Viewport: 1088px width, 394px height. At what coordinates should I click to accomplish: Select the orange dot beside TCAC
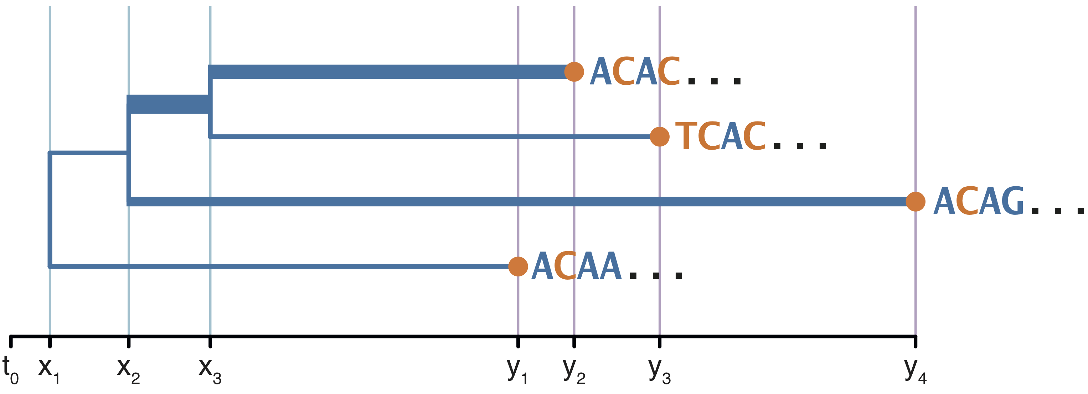point(659,136)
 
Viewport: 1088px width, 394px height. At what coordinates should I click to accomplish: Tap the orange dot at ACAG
point(915,201)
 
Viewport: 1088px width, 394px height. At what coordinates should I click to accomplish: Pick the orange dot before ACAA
point(518,266)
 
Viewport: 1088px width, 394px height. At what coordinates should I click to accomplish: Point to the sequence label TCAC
point(720,136)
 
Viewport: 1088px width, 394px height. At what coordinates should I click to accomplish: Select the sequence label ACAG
point(978,201)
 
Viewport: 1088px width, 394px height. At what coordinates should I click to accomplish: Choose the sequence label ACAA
point(576,266)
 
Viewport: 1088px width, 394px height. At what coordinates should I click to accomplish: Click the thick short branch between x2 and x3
point(169,104)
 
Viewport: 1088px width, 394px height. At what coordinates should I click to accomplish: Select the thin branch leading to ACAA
point(279,266)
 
